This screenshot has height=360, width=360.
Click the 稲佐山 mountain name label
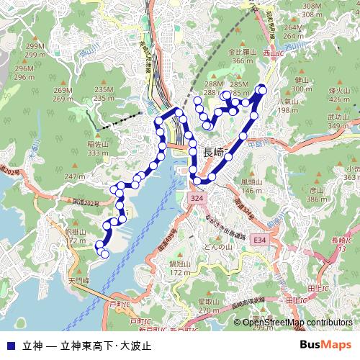(x=98, y=144)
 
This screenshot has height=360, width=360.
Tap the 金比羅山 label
(x=243, y=53)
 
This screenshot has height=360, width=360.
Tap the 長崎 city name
(x=209, y=151)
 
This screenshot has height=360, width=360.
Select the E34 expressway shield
(x=259, y=239)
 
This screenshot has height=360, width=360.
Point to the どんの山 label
(x=217, y=247)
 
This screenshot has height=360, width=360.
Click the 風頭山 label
(x=251, y=182)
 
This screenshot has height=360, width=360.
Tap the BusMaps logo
(x=325, y=344)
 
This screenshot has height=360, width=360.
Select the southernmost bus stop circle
(x=105, y=253)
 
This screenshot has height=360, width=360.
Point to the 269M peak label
(x=63, y=90)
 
